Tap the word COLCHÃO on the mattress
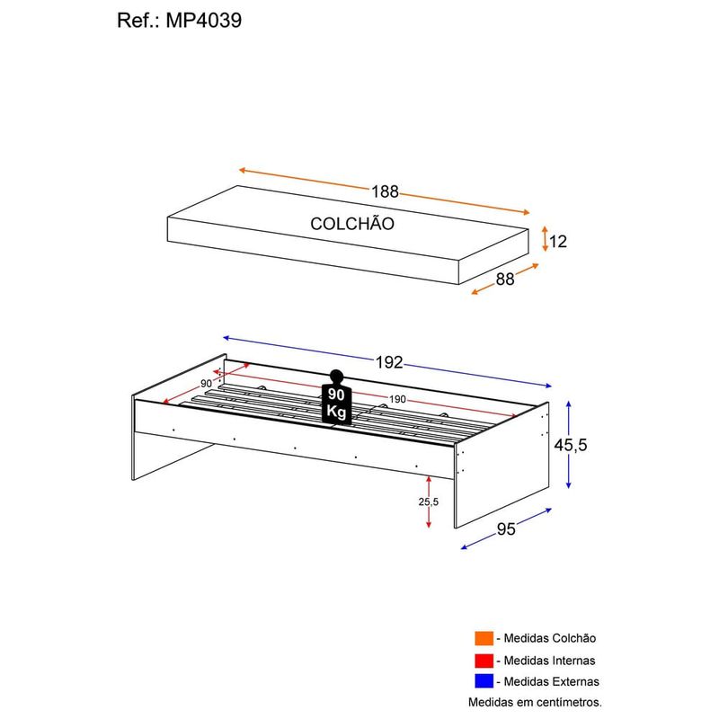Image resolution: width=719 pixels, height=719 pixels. click(352, 224)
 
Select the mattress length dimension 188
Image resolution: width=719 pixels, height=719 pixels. click(385, 191)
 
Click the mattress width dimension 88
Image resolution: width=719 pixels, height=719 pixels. click(505, 279)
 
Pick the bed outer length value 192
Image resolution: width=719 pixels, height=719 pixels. click(388, 363)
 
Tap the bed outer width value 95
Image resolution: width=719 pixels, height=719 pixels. click(506, 528)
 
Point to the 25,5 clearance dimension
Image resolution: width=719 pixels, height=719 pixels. click(428, 502)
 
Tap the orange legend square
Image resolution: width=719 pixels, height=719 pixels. click(484, 638)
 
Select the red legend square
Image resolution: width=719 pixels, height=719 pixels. click(484, 660)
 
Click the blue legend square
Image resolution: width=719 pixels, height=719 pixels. click(484, 681)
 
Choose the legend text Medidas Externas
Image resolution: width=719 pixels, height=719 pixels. click(549, 681)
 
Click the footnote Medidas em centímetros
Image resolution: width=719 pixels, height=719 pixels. click(534, 701)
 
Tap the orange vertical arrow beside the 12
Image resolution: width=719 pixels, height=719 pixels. click(544, 240)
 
